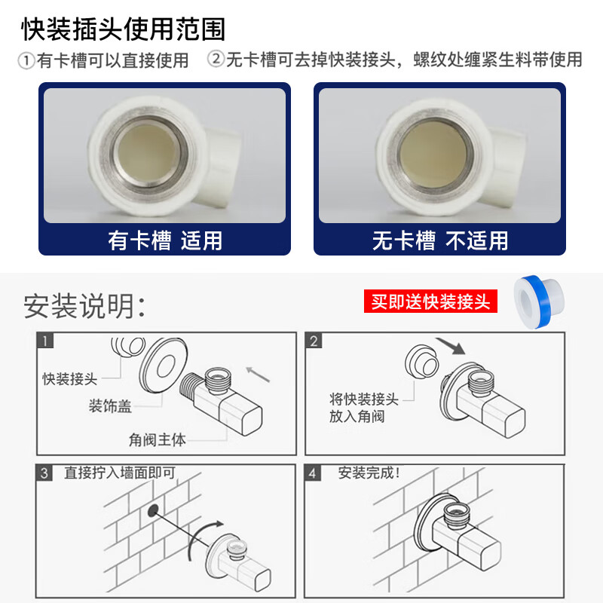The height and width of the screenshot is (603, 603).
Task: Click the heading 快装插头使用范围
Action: [123, 29]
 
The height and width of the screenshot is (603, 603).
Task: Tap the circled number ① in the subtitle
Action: [26, 61]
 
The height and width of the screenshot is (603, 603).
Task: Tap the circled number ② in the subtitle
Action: [216, 59]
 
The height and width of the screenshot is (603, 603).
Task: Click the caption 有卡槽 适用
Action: [165, 240]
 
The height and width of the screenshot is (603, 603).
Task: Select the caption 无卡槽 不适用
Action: [440, 240]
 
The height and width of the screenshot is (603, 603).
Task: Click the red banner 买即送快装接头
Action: [430, 301]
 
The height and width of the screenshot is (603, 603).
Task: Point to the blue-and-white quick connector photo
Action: [539, 302]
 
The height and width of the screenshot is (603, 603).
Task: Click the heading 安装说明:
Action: [84, 306]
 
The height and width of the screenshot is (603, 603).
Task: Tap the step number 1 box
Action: [45, 341]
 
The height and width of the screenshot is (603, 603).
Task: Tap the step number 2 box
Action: [314, 341]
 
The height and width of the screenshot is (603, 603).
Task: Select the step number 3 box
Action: [44, 473]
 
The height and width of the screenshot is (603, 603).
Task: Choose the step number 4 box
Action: [312, 473]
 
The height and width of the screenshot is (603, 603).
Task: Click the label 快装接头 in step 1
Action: [69, 379]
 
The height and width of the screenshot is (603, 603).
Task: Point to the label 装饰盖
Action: [110, 406]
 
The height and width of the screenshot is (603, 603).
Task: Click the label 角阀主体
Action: [157, 440]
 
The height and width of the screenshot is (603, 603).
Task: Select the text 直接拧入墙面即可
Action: [120, 473]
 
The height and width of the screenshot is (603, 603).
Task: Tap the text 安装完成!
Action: [369, 473]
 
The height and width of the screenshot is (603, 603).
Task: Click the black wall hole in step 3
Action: [153, 510]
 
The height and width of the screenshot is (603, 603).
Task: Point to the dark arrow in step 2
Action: [450, 346]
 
